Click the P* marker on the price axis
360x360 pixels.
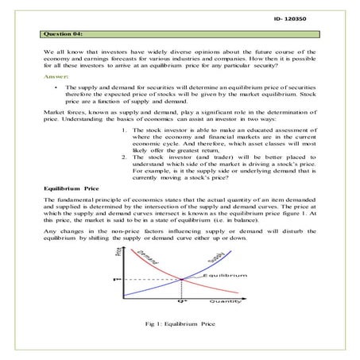pos(116,280)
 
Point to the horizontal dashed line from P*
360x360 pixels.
pos(151,279)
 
